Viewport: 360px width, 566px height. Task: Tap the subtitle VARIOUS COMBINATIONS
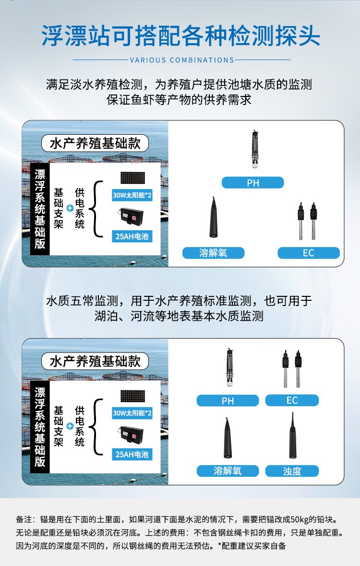pyautogui.click(x=182, y=60)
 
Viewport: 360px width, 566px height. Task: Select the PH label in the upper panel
pyautogui.click(x=253, y=183)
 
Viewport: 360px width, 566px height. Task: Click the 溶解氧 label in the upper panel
pyautogui.click(x=214, y=253)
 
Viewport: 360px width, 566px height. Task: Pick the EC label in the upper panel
pyautogui.click(x=308, y=253)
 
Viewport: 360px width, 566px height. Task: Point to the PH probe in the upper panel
pyautogui.click(x=255, y=149)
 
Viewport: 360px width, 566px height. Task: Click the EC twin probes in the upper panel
pyautogui.click(x=307, y=221)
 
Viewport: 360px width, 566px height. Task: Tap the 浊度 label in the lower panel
pyautogui.click(x=292, y=471)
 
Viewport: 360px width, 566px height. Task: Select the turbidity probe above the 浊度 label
pyautogui.click(x=292, y=436)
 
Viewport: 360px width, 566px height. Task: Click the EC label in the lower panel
pyautogui.click(x=292, y=401)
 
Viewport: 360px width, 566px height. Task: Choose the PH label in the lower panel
pyautogui.click(x=228, y=401)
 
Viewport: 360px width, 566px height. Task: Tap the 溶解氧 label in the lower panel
pyautogui.click(x=228, y=471)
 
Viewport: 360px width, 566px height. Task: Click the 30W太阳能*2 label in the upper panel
pyautogui.click(x=132, y=195)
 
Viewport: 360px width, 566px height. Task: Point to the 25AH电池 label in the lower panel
pyautogui.click(x=132, y=454)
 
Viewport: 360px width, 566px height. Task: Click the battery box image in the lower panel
pyautogui.click(x=132, y=436)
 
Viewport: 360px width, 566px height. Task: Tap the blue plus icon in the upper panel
pyautogui.click(x=70, y=208)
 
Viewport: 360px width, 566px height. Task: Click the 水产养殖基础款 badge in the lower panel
pyautogui.click(x=95, y=361)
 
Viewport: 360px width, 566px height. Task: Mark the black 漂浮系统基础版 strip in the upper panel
pyautogui.click(x=40, y=209)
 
